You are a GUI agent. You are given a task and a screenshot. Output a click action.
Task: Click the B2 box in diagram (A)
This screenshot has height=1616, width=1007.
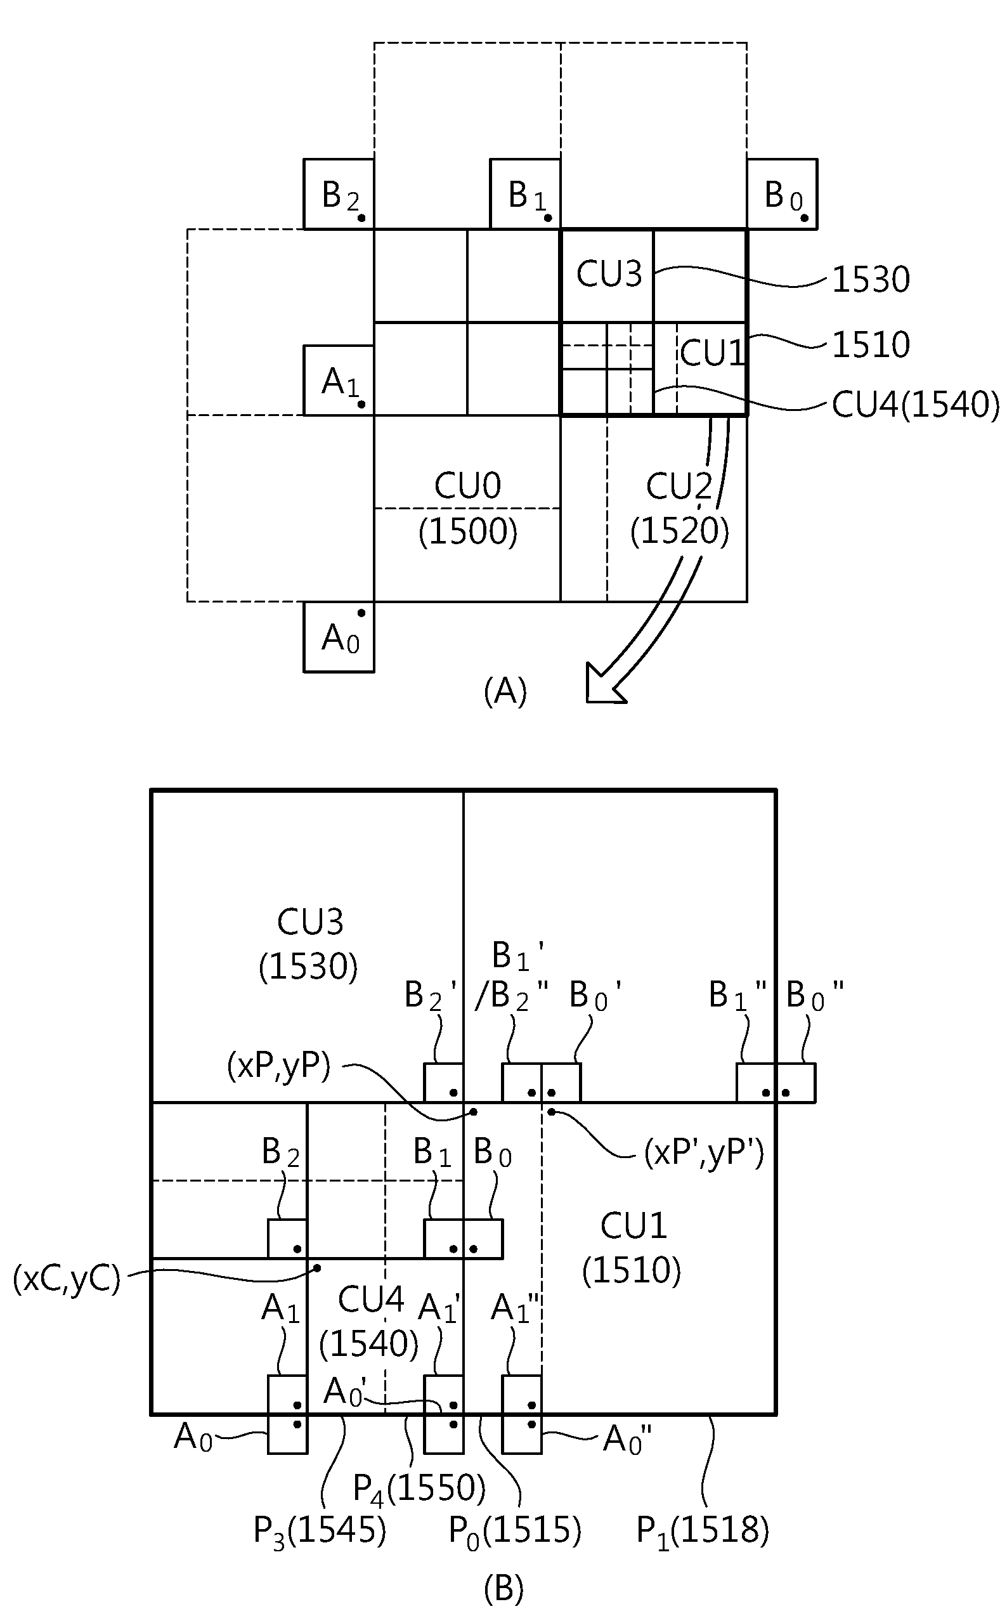tap(339, 194)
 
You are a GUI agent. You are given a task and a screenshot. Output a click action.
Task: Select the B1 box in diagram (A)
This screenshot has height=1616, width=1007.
tap(525, 194)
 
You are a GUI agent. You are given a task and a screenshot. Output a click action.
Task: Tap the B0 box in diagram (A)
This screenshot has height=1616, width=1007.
tap(782, 194)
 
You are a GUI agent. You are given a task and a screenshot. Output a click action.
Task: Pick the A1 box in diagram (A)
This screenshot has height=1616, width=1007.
tap(339, 381)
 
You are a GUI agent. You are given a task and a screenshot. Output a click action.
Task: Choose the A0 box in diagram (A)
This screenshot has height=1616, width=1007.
tap(339, 637)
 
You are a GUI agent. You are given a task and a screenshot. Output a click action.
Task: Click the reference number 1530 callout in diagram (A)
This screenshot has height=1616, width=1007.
tap(871, 280)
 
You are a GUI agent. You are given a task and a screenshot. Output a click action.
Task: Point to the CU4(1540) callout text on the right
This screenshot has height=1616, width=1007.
tap(916, 405)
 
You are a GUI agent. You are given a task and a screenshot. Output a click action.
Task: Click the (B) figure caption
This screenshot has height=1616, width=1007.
tap(504, 1589)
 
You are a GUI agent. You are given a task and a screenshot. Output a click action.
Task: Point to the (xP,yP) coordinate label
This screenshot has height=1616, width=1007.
tap(278, 1067)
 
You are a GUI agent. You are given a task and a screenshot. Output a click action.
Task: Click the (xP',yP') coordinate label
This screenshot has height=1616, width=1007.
tap(704, 1152)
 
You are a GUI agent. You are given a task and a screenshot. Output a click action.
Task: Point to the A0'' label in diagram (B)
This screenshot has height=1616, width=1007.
tap(627, 1440)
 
